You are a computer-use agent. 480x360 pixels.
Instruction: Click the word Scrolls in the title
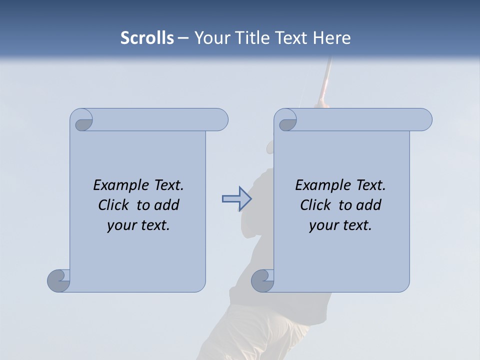pyautogui.click(x=147, y=38)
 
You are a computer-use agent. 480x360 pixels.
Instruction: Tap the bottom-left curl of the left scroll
pyautogui.click(x=58, y=280)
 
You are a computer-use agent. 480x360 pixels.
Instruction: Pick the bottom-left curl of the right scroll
pyautogui.click(x=262, y=280)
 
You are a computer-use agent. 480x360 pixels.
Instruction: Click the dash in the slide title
pyautogui.click(x=183, y=38)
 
